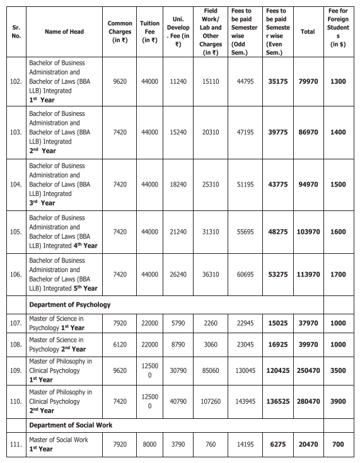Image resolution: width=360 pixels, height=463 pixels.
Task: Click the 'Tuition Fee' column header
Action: pyautogui.click(x=149, y=31)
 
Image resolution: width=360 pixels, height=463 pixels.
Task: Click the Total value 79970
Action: pyautogui.click(x=308, y=82)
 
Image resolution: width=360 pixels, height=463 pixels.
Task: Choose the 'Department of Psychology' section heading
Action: pyautogui.click(x=69, y=304)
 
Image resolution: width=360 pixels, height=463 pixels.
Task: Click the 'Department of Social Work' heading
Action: pyautogui.click(x=71, y=425)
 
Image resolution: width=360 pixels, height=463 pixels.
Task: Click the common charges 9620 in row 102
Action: pyautogui.click(x=120, y=82)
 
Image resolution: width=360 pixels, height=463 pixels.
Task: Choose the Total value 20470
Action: pyautogui.click(x=308, y=444)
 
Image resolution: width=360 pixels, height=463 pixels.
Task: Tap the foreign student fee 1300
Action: pyautogui.click(x=338, y=82)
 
